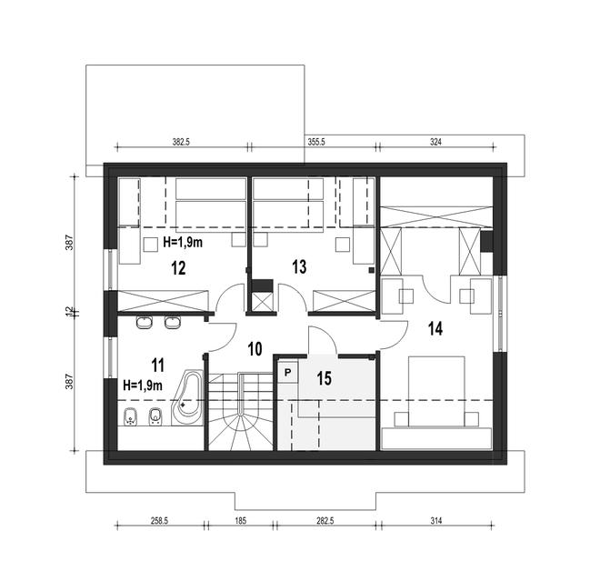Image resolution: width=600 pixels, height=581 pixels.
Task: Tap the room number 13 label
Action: coord(299,266)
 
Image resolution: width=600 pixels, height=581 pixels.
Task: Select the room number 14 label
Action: coord(435,329)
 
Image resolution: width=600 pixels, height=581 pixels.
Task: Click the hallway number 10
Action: coord(255,348)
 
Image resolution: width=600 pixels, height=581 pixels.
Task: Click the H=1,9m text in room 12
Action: coord(182,243)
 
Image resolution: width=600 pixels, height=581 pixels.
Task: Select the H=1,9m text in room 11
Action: coord(142,386)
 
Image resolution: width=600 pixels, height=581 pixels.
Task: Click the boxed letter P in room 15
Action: coord(287,372)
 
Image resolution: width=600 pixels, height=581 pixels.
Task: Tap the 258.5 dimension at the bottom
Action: coord(160,522)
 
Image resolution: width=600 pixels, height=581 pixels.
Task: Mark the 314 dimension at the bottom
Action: coord(437,522)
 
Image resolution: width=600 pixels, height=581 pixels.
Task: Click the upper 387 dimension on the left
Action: coord(69,244)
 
